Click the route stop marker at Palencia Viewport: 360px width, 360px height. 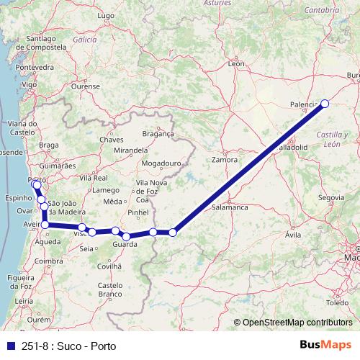tap(324, 103)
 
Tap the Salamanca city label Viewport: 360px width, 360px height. tap(230, 207)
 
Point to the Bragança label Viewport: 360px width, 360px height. tap(159, 133)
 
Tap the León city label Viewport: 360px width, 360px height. tap(236, 64)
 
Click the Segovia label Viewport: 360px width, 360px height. tap(330, 197)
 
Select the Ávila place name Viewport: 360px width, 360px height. tap(293, 235)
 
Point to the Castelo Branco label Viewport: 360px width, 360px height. tap(110, 290)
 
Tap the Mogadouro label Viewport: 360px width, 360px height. tap(160, 163)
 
